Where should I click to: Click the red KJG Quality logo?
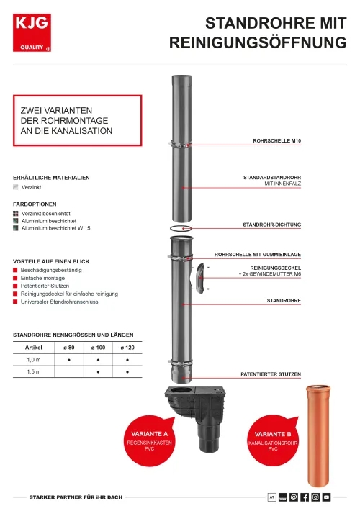tap(32, 32)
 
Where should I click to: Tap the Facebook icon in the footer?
tap(305, 497)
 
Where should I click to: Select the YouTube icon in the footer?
tap(326, 497)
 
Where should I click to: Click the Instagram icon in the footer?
tap(315, 497)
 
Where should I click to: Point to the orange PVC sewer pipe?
tap(318, 436)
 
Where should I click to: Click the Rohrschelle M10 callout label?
tap(277, 141)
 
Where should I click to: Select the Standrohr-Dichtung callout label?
tap(271, 225)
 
